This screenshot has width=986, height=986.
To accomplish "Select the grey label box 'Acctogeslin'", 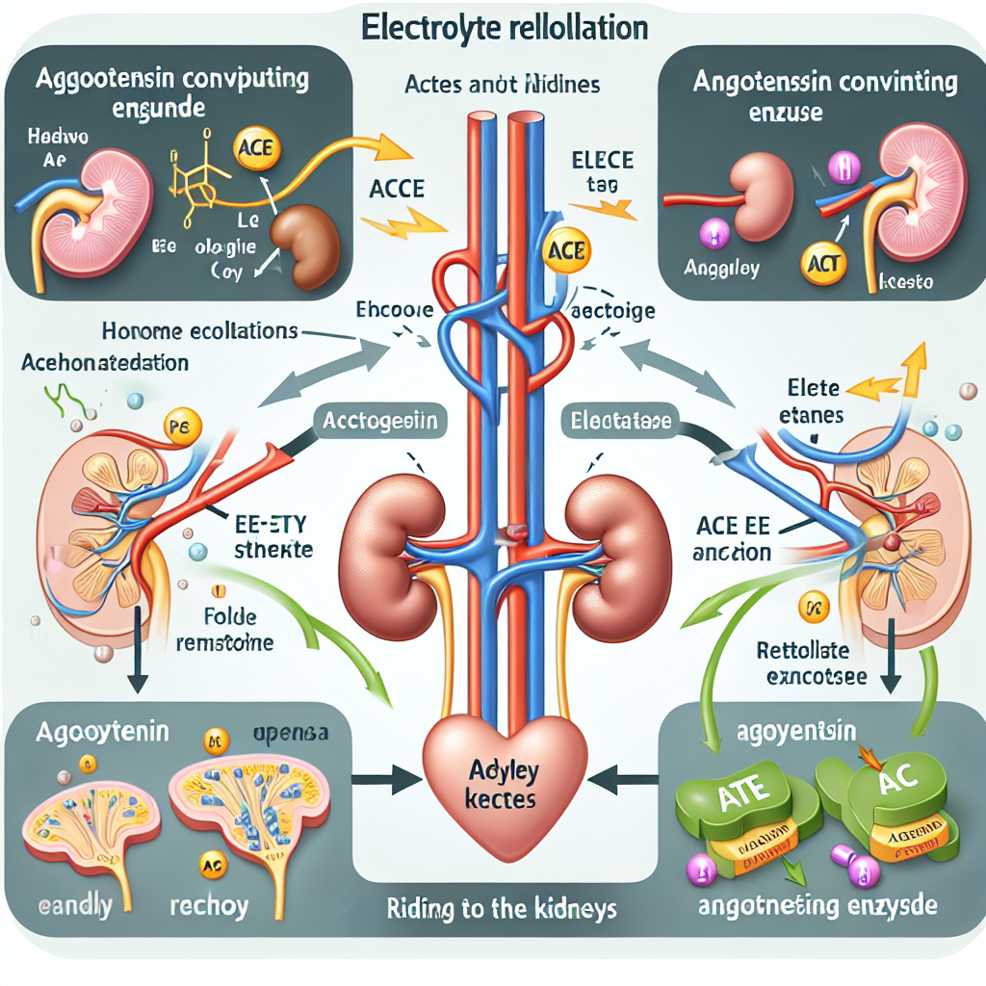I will click(380, 421).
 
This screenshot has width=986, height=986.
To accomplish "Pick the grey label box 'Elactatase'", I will click(617, 420).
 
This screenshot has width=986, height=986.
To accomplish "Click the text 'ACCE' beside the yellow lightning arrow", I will click(397, 188).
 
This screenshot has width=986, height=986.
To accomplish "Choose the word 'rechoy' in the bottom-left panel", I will click(209, 906).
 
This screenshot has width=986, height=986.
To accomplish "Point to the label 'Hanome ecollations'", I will click(200, 331).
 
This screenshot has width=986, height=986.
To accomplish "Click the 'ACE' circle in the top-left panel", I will click(253, 150).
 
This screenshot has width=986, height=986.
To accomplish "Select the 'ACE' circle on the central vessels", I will click(566, 251).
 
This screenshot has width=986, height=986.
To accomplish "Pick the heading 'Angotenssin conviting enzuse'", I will click(826, 96).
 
